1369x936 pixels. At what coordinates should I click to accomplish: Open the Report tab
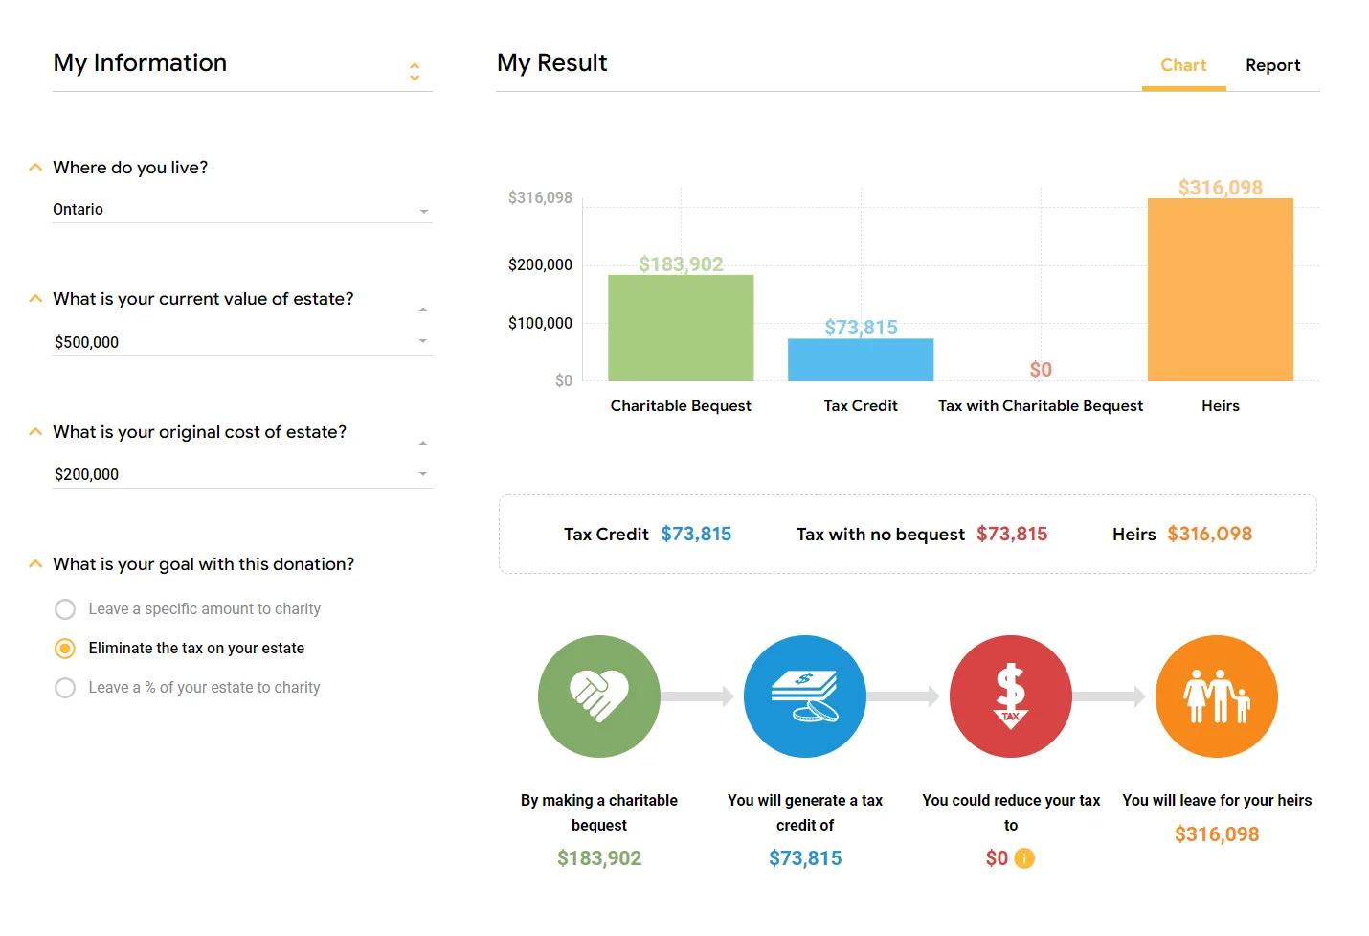coord(1272,65)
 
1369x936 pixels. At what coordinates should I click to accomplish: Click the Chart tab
coord(1183,65)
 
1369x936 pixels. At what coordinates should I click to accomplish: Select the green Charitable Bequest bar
coord(681,328)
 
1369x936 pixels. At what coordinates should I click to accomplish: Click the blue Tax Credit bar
coord(861,359)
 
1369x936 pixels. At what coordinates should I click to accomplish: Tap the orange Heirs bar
coord(1221,289)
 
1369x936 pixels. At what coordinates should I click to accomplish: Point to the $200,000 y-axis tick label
coord(540,264)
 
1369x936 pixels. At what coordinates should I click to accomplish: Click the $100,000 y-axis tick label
coord(540,323)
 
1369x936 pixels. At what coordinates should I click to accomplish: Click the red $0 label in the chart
coord(1041,370)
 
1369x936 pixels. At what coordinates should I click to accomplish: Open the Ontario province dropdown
coord(242,209)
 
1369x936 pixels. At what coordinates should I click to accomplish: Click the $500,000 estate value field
coord(242,342)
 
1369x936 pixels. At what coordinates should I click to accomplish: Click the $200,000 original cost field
coord(242,474)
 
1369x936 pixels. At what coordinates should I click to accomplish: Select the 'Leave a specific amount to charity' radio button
coord(65,609)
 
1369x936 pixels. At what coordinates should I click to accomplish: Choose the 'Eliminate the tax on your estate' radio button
coord(65,649)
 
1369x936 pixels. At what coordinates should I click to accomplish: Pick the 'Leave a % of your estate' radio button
coord(65,688)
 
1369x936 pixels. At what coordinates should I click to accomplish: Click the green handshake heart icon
coord(599,696)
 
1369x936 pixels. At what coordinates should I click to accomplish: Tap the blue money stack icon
coord(805,696)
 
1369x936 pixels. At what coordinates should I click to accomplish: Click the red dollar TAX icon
coord(1011,696)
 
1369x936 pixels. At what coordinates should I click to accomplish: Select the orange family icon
coord(1217,696)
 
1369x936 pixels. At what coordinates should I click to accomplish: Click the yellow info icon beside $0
coord(1025,858)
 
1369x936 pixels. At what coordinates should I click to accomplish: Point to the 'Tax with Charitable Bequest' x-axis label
coord(1041,405)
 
